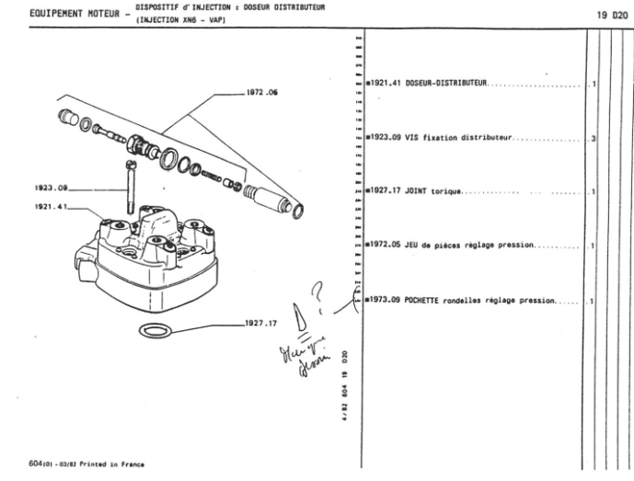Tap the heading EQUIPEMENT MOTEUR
tap(56, 15)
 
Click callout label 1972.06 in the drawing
tap(264, 92)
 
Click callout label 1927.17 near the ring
tap(261, 324)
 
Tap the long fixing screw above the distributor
tap(130, 185)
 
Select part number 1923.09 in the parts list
tap(385, 139)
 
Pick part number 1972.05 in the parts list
tap(385, 246)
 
